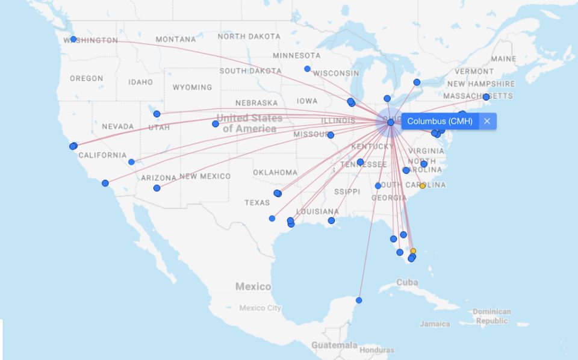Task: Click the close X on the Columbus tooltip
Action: click(487, 122)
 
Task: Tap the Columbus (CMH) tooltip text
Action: click(440, 122)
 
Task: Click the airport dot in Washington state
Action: click(73, 39)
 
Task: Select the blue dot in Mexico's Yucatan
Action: click(359, 300)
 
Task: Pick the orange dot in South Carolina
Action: click(422, 185)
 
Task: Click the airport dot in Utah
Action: click(157, 114)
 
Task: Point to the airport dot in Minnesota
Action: click(307, 69)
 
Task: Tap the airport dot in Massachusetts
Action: click(486, 97)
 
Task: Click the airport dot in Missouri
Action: click(331, 135)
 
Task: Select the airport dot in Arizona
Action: click(157, 188)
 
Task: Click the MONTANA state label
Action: click(175, 39)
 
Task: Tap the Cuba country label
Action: click(407, 282)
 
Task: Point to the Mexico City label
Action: click(260, 308)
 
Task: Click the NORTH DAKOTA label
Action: click(249, 37)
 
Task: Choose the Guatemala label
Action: click(334, 345)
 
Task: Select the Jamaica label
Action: click(435, 324)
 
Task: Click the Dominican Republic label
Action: click(491, 316)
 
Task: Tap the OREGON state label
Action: click(86, 78)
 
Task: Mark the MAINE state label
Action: click(503, 59)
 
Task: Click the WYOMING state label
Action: click(192, 87)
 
